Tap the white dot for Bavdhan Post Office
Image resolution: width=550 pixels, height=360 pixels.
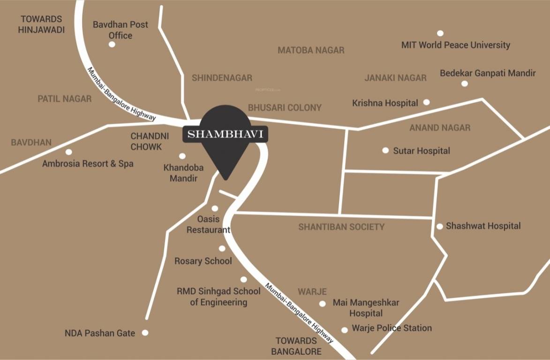[x=112, y=44]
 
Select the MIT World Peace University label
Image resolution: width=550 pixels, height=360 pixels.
[x=455, y=45]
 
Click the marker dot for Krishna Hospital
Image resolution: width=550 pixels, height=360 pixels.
[x=426, y=102]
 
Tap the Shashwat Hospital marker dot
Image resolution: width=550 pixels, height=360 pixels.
[x=440, y=226]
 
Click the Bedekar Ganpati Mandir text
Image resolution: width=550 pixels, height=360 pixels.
[x=487, y=74]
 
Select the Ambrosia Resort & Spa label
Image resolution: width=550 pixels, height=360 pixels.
[x=88, y=164]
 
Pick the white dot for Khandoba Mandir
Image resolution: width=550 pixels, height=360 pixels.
[x=182, y=156]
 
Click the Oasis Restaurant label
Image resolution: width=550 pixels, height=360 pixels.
[x=208, y=225]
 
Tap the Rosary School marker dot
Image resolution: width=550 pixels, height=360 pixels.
[x=222, y=248]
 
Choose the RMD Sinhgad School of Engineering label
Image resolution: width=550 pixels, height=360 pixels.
[x=218, y=297]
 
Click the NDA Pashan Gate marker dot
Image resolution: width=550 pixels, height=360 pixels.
[x=145, y=332]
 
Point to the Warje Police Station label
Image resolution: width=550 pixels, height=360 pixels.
[x=392, y=328]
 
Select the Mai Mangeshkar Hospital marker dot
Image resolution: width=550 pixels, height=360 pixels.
[x=322, y=304]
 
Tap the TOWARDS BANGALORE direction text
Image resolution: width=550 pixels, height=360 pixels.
[x=298, y=346]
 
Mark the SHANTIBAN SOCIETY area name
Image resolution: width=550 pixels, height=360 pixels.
[x=341, y=227]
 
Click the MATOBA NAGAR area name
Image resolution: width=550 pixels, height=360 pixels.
[x=311, y=50]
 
